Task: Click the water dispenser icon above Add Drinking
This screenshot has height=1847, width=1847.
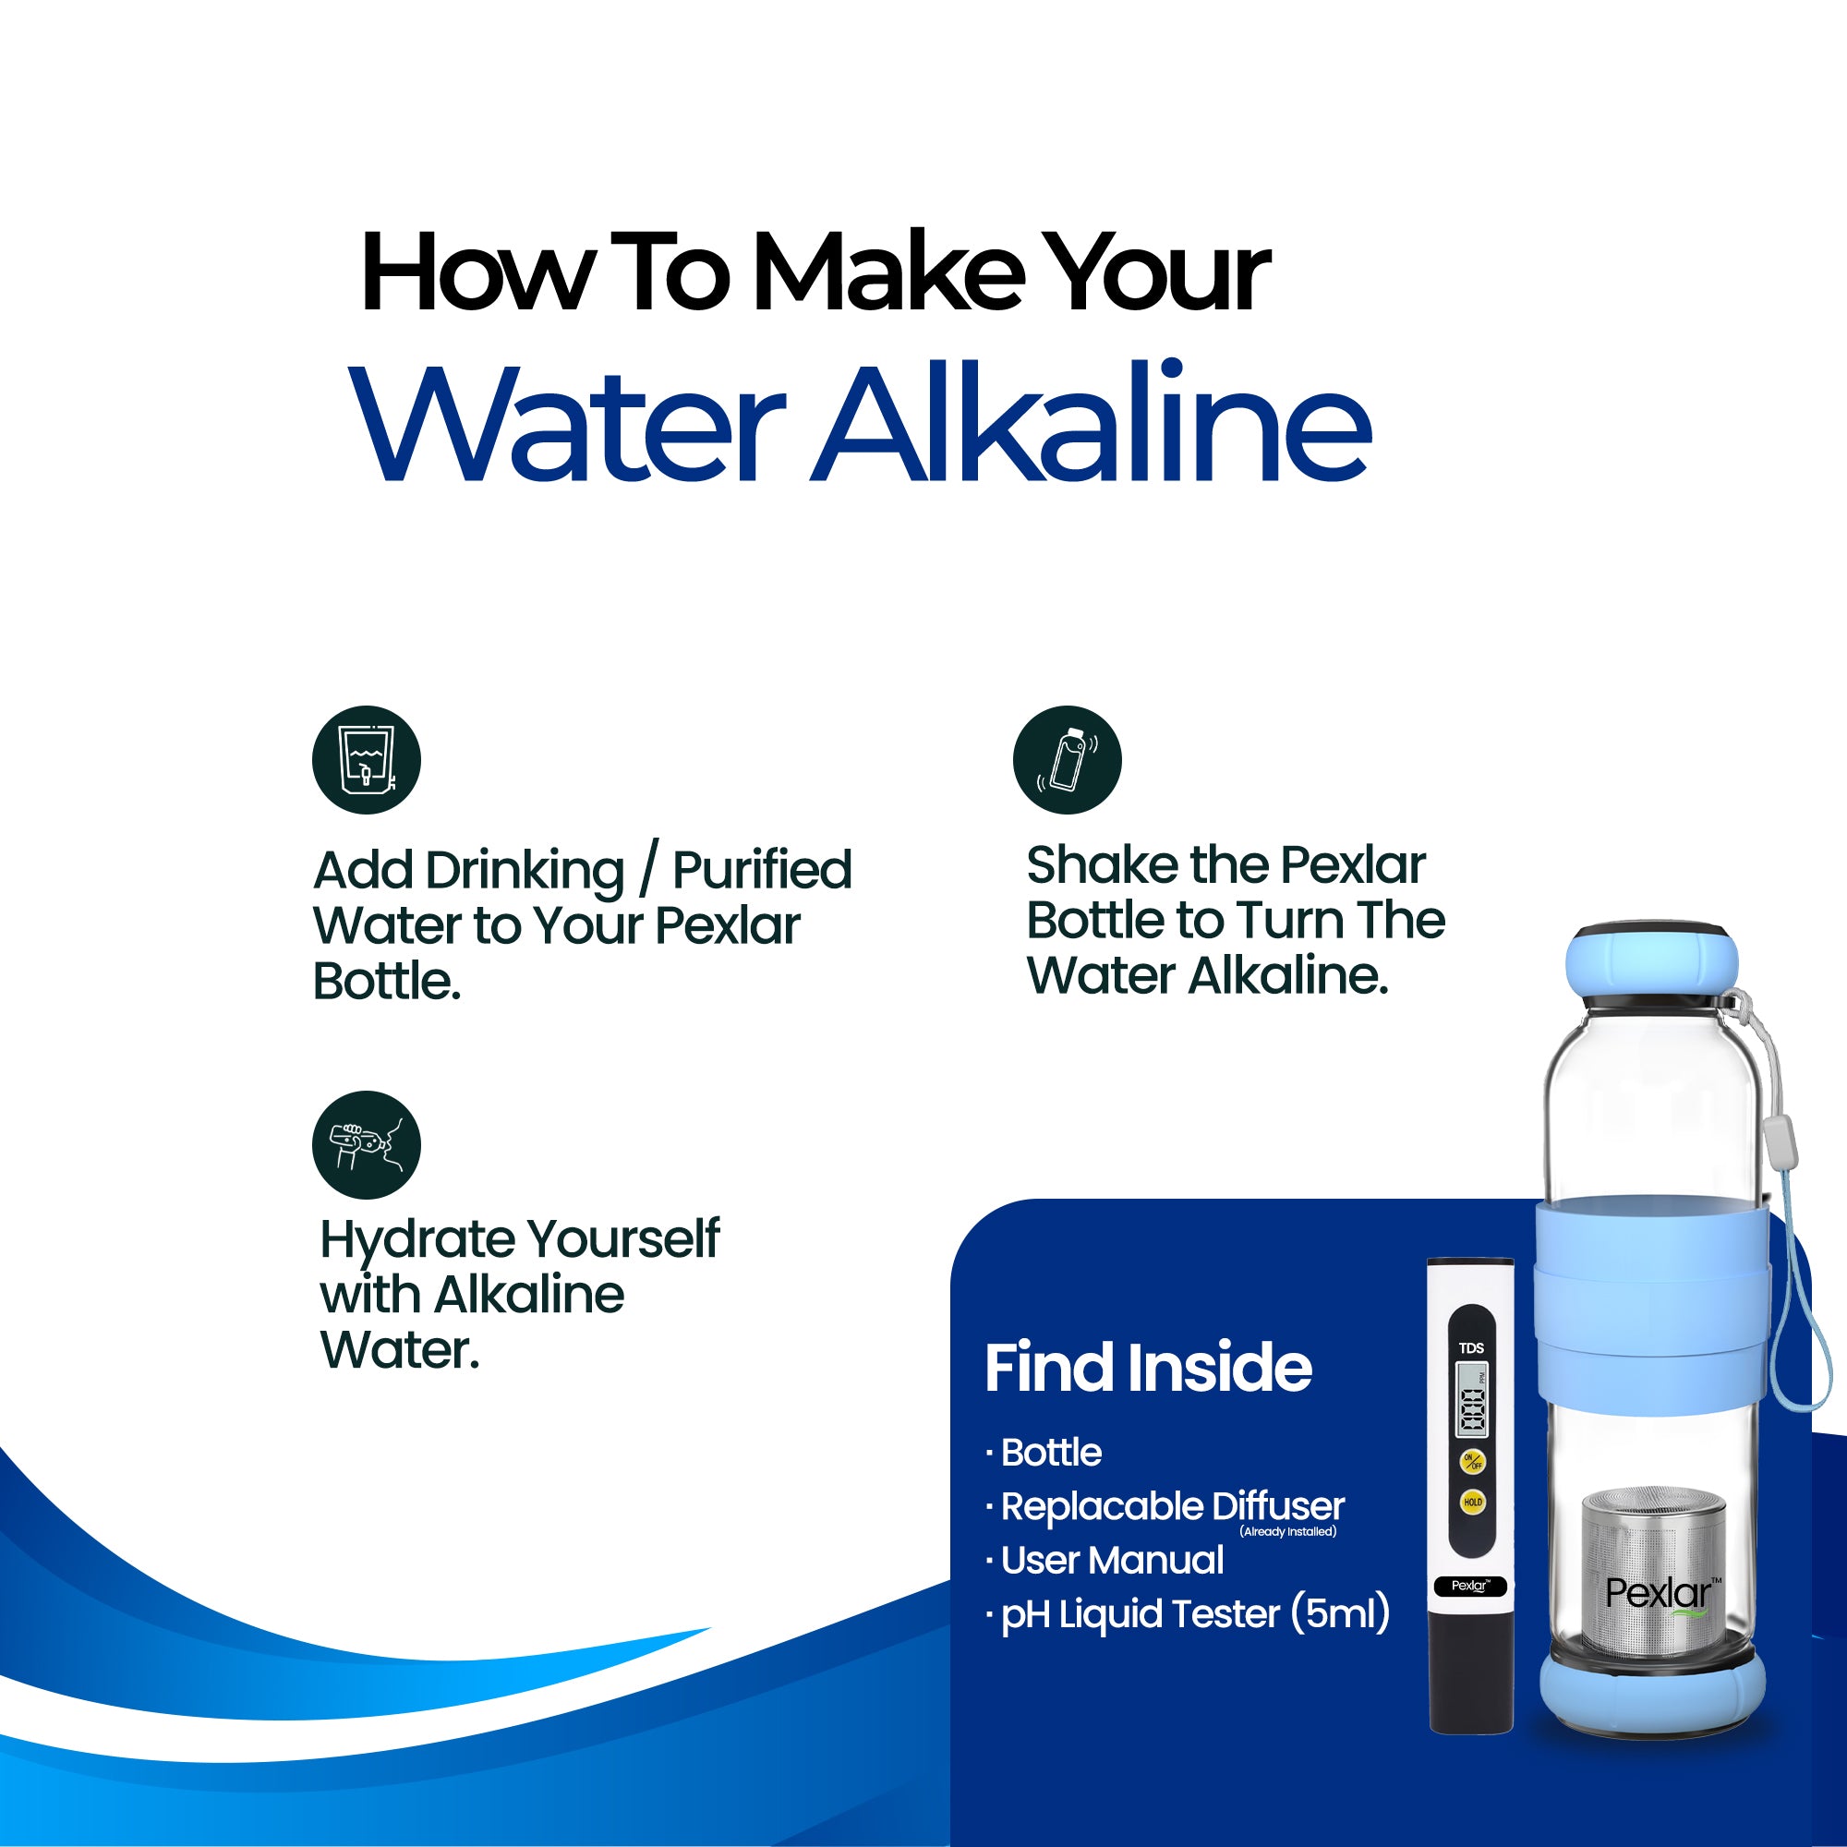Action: (x=366, y=760)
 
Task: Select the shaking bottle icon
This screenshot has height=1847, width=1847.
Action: (x=1067, y=760)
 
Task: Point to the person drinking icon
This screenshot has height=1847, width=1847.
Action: (x=366, y=1145)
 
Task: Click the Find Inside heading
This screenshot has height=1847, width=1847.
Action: (x=1148, y=1367)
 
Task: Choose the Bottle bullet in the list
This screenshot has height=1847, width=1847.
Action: (x=1044, y=1452)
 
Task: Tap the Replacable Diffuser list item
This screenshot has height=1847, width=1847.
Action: (x=1165, y=1506)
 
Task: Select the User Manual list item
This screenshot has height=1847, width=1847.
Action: (x=1105, y=1560)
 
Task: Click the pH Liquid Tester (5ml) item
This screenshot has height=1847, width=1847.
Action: (x=1188, y=1613)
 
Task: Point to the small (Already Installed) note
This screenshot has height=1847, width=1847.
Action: (x=1287, y=1531)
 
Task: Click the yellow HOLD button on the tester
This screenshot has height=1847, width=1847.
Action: (x=1472, y=1502)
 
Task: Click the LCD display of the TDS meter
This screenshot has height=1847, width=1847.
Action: (x=1471, y=1398)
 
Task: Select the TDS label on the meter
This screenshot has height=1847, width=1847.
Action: (x=1471, y=1348)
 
